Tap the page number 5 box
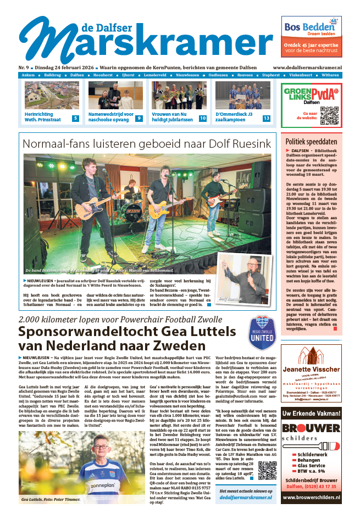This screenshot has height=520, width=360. [x=75, y=118]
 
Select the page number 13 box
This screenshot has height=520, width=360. [x=267, y=118]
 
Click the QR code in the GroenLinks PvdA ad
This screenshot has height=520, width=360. [x=329, y=116]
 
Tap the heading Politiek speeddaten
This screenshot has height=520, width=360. [x=311, y=141]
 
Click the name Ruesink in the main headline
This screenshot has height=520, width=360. [x=245, y=144]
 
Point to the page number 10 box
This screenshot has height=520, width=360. [x=203, y=118]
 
